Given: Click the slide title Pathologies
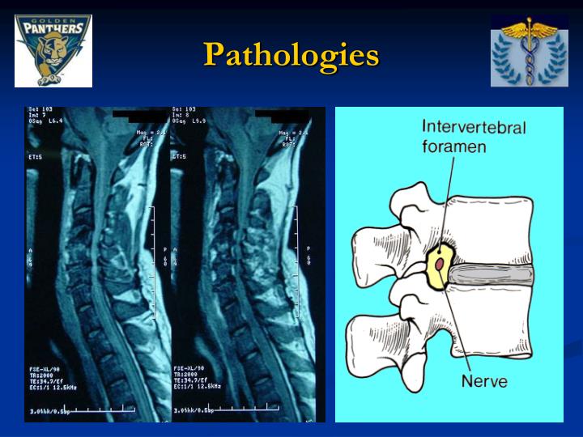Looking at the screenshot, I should click(291, 55).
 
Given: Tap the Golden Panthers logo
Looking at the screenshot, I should click(53, 50).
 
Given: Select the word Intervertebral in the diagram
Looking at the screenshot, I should click(474, 128).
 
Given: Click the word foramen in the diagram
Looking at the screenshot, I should click(453, 146).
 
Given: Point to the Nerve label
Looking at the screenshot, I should click(485, 380).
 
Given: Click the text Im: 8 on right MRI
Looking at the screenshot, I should click(183, 115).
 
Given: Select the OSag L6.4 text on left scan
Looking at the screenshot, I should click(45, 121).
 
